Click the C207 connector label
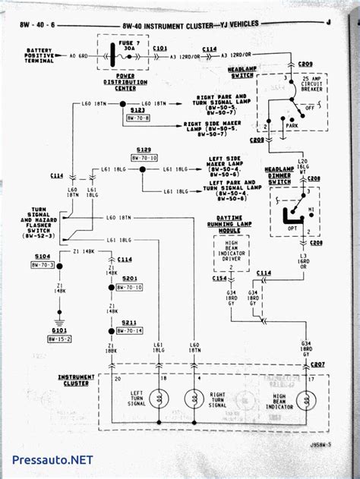(318, 365)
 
